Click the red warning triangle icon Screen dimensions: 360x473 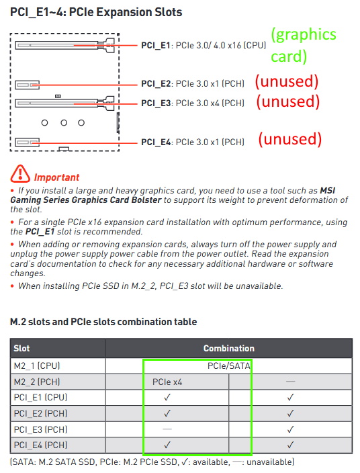pyautogui.click(x=20, y=174)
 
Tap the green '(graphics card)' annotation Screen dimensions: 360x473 pyautogui.click(x=304, y=45)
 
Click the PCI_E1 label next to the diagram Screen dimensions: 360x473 pyautogui.click(x=156, y=45)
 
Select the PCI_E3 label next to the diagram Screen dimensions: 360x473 pyautogui.click(x=156, y=103)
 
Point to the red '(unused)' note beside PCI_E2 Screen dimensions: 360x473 pyautogui.click(x=287, y=81)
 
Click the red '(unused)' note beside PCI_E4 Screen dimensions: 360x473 pyautogui.click(x=290, y=139)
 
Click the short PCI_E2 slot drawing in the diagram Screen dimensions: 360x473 pyautogui.click(x=27, y=85)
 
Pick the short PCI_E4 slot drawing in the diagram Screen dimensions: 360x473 pyautogui.click(x=27, y=142)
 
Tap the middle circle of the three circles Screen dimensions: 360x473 pyautogui.click(x=64, y=123)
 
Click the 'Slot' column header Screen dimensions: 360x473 pyautogui.click(x=21, y=349)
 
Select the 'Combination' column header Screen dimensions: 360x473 pyautogui.click(x=229, y=349)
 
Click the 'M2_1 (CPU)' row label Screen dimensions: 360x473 pyautogui.click(x=37, y=366)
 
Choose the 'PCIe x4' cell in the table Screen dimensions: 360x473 pyautogui.click(x=167, y=382)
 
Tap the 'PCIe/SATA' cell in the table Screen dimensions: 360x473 pyautogui.click(x=229, y=366)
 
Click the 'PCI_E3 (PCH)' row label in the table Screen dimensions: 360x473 pyautogui.click(x=40, y=429)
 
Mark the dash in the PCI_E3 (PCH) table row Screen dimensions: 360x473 pyautogui.click(x=167, y=429)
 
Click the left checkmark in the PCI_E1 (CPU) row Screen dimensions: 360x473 pyautogui.click(x=167, y=397)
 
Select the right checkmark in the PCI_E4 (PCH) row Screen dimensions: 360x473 pyautogui.click(x=290, y=445)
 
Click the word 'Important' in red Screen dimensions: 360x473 pyautogui.click(x=56, y=177)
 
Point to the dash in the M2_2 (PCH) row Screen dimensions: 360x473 pyautogui.click(x=290, y=382)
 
